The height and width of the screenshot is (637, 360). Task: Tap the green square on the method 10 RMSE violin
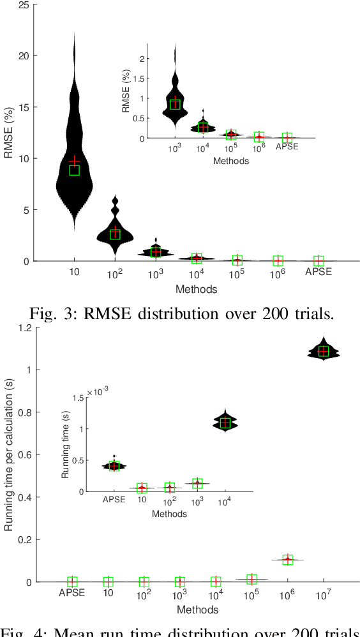[74, 170]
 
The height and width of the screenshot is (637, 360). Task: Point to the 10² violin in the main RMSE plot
[115, 233]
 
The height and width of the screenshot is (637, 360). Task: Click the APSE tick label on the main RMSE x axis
[319, 271]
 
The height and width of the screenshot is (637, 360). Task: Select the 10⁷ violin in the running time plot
[323, 351]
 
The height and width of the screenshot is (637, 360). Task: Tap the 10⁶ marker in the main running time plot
[287, 560]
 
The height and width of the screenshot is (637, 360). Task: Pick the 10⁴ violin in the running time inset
[225, 422]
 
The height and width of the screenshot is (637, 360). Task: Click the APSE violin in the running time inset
[114, 466]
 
